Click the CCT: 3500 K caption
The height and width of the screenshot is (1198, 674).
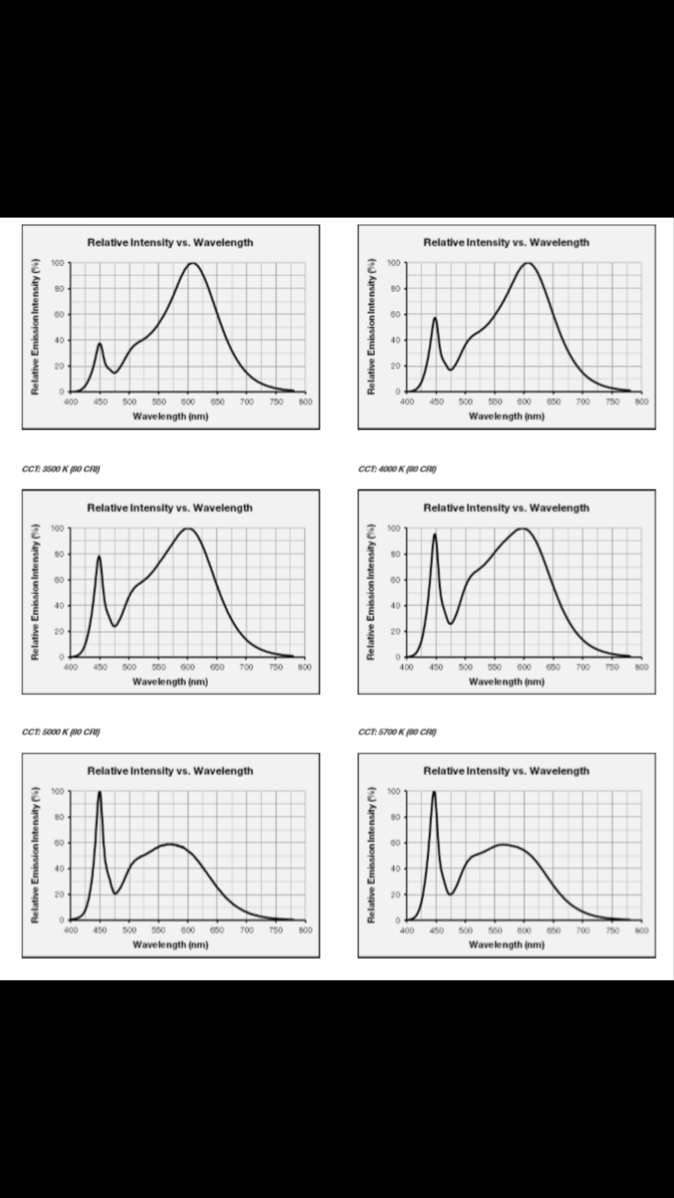coord(61,469)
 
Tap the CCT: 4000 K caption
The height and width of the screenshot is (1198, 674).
coord(397,469)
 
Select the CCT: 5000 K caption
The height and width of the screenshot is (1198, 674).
coord(61,732)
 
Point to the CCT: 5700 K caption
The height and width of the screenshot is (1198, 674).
coord(397,732)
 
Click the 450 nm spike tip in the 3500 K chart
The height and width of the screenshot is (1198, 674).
coord(99,556)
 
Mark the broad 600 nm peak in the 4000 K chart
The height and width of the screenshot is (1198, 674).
coord(522,529)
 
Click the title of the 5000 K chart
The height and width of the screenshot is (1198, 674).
coord(170,771)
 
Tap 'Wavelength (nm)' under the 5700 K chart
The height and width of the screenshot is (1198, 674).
coord(507,944)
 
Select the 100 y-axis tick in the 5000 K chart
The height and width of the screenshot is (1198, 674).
coord(57,791)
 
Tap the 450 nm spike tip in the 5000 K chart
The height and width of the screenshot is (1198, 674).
coord(99,793)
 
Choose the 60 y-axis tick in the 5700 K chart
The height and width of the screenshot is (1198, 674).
coord(396,843)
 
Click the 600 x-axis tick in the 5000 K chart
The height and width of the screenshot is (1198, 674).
coord(188,930)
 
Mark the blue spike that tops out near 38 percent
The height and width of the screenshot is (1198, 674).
coord(100,344)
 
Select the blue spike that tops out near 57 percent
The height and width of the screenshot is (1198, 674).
coord(435,319)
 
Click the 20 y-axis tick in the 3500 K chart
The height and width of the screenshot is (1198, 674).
coord(59,632)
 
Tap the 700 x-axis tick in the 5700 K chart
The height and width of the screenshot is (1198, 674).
coord(583,930)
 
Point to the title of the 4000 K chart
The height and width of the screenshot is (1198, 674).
coord(507,508)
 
